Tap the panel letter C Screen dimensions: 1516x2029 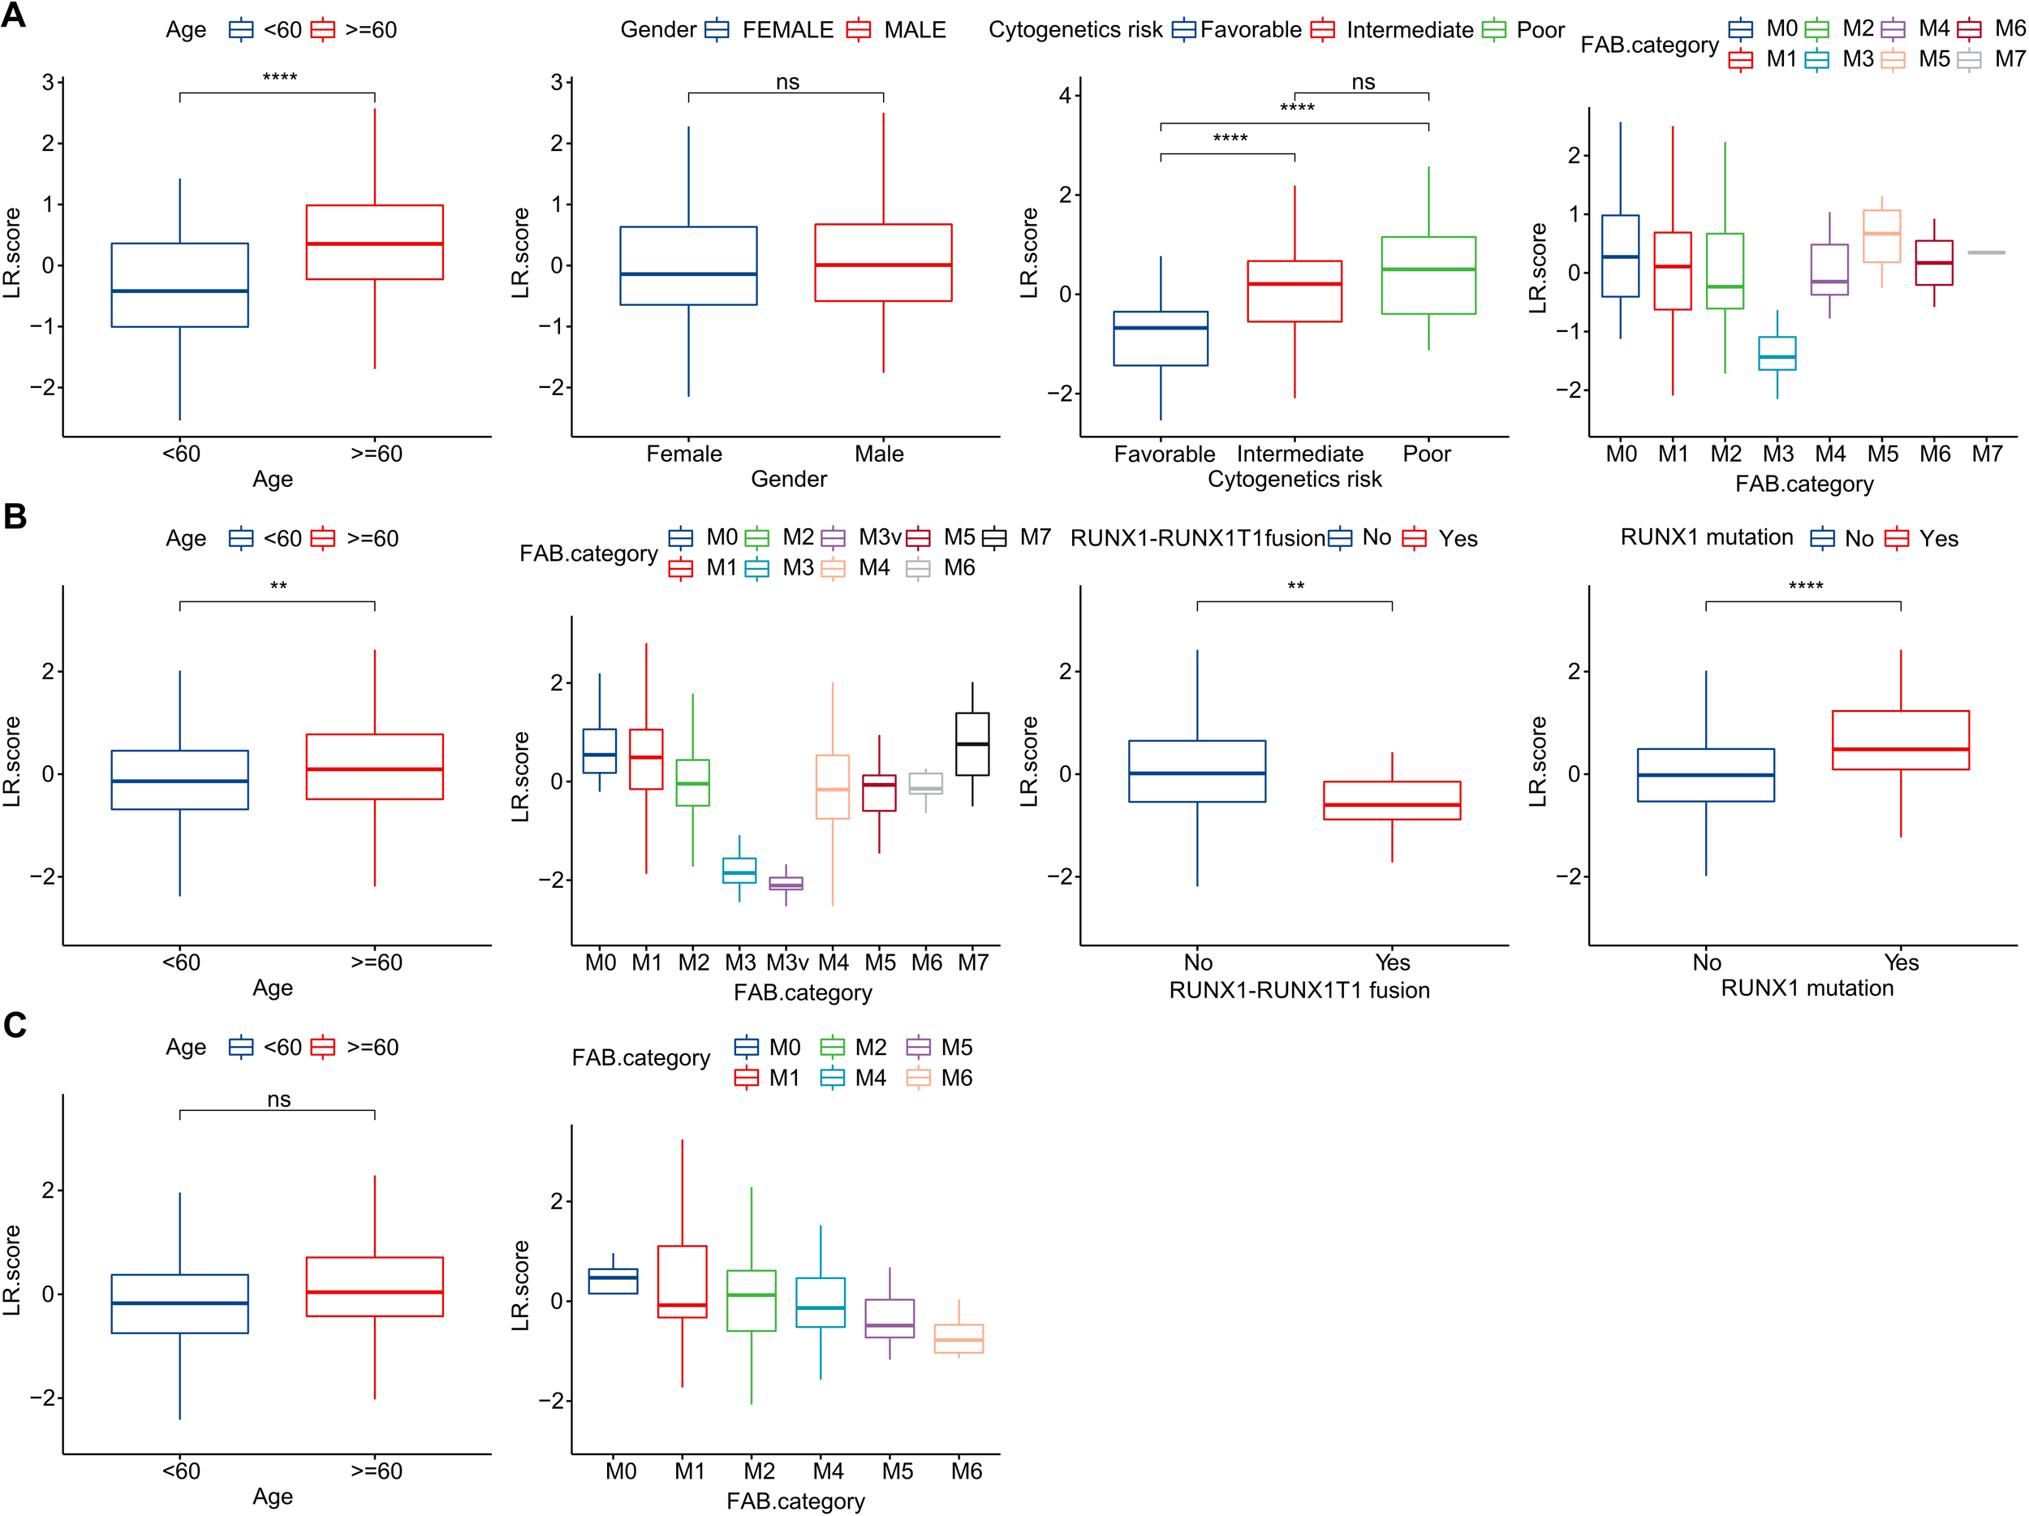(14, 1024)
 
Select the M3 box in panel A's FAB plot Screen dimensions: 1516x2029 (1777, 353)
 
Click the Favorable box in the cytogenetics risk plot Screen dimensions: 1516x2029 (1161, 338)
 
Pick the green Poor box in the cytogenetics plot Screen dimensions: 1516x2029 (1428, 275)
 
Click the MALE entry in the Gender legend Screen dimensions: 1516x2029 (914, 30)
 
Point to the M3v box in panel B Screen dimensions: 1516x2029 (785, 883)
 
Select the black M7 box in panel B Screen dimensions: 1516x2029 (972, 743)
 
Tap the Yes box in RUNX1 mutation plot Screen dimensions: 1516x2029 (1901, 739)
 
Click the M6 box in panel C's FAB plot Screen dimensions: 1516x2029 (958, 1338)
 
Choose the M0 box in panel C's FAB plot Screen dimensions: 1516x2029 (613, 1281)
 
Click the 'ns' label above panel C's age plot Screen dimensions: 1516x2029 (279, 1099)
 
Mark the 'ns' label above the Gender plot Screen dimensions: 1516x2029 (787, 83)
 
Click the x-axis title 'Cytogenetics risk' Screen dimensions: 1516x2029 (1295, 479)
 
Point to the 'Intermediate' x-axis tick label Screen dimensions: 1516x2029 (1299, 454)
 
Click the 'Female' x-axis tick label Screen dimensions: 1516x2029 (684, 454)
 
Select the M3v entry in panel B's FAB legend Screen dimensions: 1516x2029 (879, 537)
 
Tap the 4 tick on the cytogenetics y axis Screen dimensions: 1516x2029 (1065, 96)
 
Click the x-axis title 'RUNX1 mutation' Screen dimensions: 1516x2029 (1806, 988)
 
